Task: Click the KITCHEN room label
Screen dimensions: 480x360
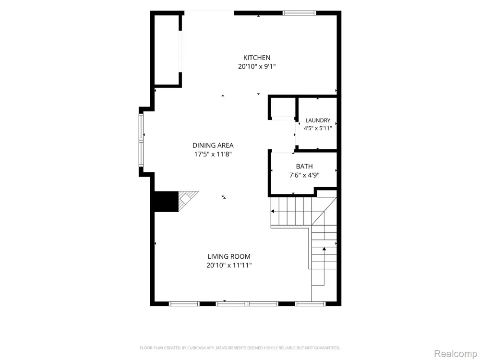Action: tap(256, 58)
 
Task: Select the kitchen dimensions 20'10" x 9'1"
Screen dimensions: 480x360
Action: tap(257, 66)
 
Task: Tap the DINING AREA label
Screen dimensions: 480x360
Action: tap(213, 145)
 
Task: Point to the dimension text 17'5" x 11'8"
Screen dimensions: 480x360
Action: tap(213, 154)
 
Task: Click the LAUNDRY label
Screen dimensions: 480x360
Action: tap(318, 120)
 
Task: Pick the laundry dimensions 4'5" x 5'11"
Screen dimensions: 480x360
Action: tap(318, 128)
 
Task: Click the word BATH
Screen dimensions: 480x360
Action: tap(304, 167)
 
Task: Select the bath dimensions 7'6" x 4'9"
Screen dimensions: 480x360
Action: tap(304, 175)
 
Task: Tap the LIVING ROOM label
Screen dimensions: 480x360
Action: tap(229, 256)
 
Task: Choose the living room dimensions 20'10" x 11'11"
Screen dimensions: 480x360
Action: tap(229, 265)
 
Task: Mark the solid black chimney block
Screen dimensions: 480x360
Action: tap(166, 202)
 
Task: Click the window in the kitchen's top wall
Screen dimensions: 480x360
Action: tap(299, 13)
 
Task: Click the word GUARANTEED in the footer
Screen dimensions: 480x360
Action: tap(328, 348)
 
